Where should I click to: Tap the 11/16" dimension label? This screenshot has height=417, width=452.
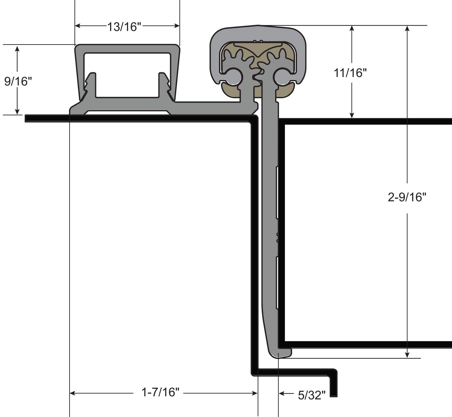click(x=350, y=73)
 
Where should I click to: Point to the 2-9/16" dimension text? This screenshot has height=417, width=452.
click(x=407, y=197)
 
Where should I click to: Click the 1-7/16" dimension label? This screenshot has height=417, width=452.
click(x=160, y=392)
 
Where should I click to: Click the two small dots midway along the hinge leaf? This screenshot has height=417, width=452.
click(x=278, y=237)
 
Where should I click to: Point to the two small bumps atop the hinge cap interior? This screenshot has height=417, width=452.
click(x=258, y=41)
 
